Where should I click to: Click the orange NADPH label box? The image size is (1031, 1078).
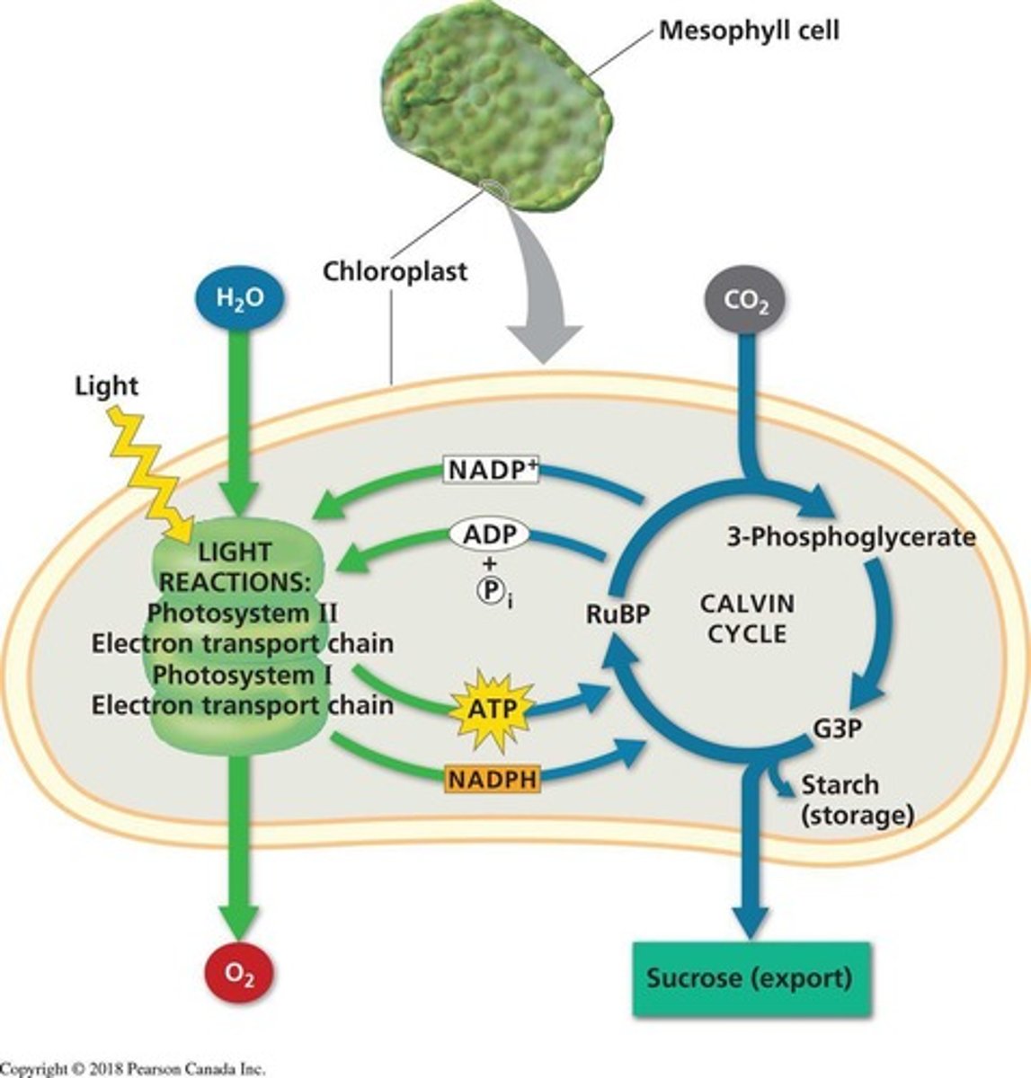tap(492, 779)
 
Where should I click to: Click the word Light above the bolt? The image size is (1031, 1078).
tap(106, 386)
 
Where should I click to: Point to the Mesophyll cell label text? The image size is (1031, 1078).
tap(749, 31)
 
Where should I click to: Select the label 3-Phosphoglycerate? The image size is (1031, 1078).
tap(849, 537)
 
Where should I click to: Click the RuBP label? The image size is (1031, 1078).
tap(618, 614)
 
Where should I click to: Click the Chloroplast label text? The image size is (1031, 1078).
tap(396, 270)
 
